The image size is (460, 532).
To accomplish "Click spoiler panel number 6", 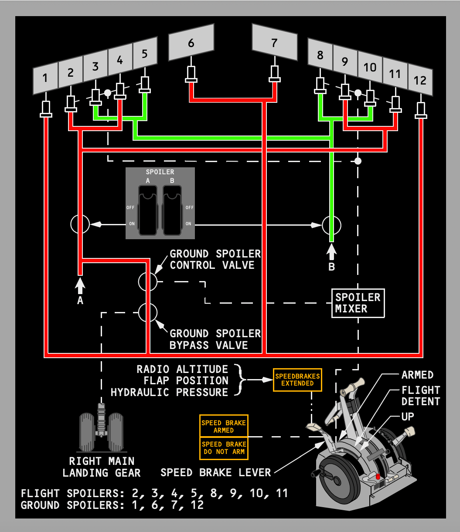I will tap(191, 43).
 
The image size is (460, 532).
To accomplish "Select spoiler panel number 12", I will tap(420, 81).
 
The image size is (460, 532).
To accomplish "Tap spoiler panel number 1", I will tap(45, 78).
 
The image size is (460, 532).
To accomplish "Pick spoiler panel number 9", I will tap(345, 61).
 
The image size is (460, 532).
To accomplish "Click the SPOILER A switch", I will tap(148, 209).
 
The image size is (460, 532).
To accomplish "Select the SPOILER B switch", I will tap(172, 209).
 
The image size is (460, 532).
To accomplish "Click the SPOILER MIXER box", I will tap(358, 303).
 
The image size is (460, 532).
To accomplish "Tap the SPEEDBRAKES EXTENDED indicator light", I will tap(297, 380).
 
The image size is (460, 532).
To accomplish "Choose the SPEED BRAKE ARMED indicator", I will tap(224, 426).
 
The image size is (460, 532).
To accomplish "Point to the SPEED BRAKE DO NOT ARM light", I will tap(224, 448).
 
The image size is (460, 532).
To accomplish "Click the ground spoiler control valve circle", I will tap(148, 281).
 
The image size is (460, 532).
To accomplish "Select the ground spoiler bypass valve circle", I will tap(148, 312).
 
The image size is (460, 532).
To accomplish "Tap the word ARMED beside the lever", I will tap(417, 375).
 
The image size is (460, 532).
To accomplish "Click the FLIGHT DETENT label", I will tap(420, 396).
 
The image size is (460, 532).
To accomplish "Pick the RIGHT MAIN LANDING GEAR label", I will tap(102, 467).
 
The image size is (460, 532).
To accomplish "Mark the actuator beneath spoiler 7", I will tap(274, 74).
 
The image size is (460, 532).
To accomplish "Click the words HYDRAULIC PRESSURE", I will tap(170, 392).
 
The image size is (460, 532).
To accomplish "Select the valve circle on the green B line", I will tap(331, 225).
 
